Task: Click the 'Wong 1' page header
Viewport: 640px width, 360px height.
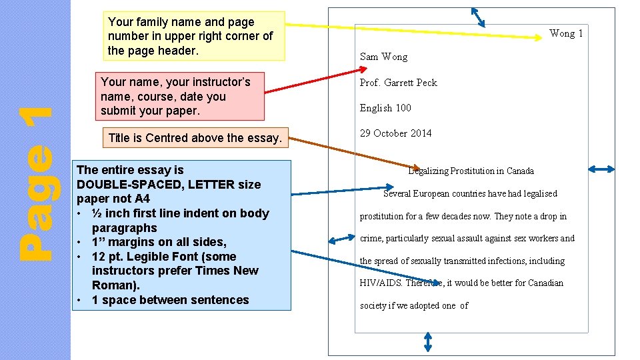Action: tap(565, 33)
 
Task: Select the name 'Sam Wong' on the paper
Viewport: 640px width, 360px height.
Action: tap(383, 57)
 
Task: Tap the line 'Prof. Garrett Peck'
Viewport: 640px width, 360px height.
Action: tap(398, 83)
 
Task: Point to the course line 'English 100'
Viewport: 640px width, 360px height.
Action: tap(385, 108)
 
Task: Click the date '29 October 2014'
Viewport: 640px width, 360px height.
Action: tap(395, 133)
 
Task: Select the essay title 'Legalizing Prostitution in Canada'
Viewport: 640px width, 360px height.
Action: tap(471, 171)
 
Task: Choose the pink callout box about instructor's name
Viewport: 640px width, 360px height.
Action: tap(180, 96)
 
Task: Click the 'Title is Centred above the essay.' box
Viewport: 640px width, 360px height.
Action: tap(195, 138)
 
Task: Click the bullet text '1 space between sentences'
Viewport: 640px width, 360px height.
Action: tap(170, 300)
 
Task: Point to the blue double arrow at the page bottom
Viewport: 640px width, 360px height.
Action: tap(428, 343)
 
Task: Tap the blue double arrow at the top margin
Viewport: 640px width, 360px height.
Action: tap(479, 17)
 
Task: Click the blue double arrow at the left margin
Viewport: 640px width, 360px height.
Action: tap(343, 239)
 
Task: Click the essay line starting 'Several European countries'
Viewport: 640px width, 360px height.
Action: tap(470, 194)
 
